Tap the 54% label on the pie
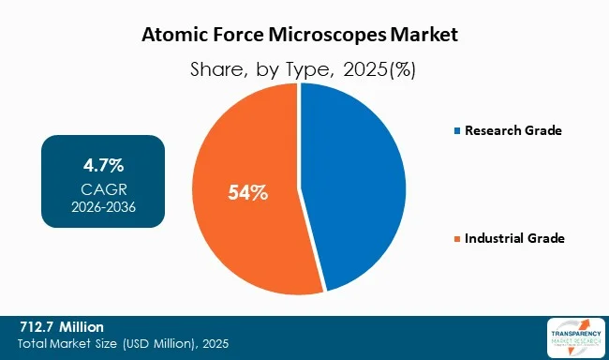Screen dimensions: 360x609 [248, 194]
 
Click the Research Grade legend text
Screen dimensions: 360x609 [512, 130]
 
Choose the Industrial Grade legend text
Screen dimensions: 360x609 [513, 239]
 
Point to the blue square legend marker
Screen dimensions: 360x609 [456, 131]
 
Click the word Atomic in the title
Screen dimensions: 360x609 [171, 37]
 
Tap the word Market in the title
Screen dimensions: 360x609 [426, 37]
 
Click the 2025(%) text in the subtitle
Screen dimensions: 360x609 [378, 68]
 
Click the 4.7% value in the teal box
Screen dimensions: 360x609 [103, 166]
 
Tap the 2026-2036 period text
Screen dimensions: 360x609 [103, 205]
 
